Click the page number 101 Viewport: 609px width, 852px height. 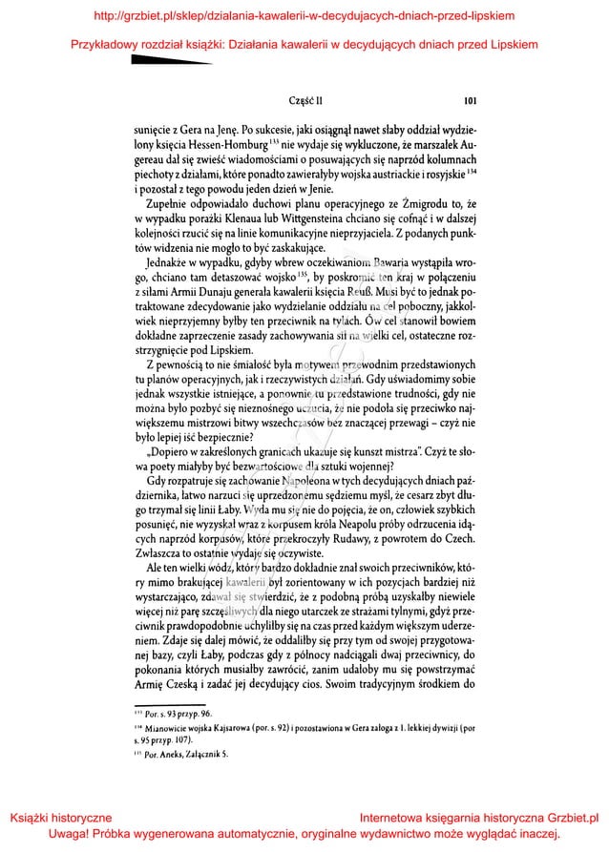click(x=470, y=99)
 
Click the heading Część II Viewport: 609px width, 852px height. click(x=305, y=99)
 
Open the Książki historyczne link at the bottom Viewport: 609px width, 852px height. click(x=62, y=818)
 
